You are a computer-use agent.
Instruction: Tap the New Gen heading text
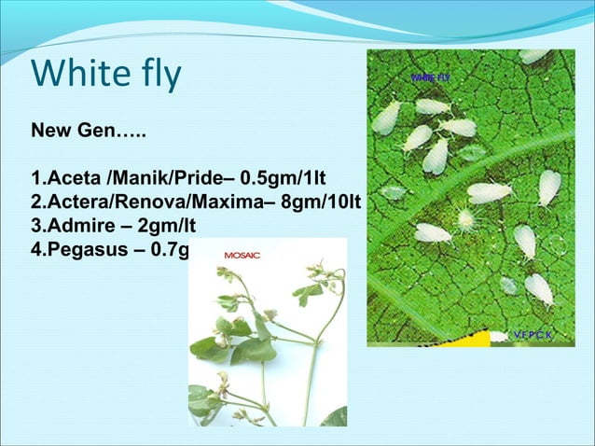click(89, 128)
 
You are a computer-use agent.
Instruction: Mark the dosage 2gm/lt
click(165, 227)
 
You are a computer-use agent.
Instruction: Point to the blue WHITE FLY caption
click(430, 77)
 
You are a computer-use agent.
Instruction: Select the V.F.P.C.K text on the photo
click(533, 334)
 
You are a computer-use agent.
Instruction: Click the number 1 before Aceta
click(35, 178)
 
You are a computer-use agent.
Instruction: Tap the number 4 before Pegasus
click(35, 251)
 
